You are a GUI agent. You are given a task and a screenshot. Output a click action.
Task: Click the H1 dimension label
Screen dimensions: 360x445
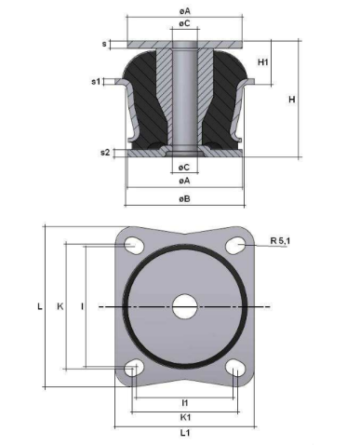coord(262,62)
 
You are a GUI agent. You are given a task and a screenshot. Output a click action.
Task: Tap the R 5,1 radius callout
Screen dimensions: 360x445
coord(280,240)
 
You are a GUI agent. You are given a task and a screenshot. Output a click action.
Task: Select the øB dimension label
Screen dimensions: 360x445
coord(184,198)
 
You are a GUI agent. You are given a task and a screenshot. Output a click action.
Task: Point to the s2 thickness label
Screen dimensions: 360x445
coord(105,153)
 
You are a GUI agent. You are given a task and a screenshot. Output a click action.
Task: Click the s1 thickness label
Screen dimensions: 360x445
coord(96,82)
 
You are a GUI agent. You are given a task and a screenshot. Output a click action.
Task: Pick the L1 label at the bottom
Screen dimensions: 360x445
coord(185,433)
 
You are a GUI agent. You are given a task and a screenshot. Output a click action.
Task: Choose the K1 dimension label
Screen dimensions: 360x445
coord(185,417)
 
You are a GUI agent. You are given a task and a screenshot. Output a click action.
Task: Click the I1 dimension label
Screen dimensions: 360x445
coord(185,403)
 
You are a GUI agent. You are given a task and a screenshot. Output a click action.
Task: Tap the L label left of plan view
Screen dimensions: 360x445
coord(40,306)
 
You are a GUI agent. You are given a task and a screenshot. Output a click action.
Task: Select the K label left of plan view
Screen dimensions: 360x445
coord(60,306)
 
